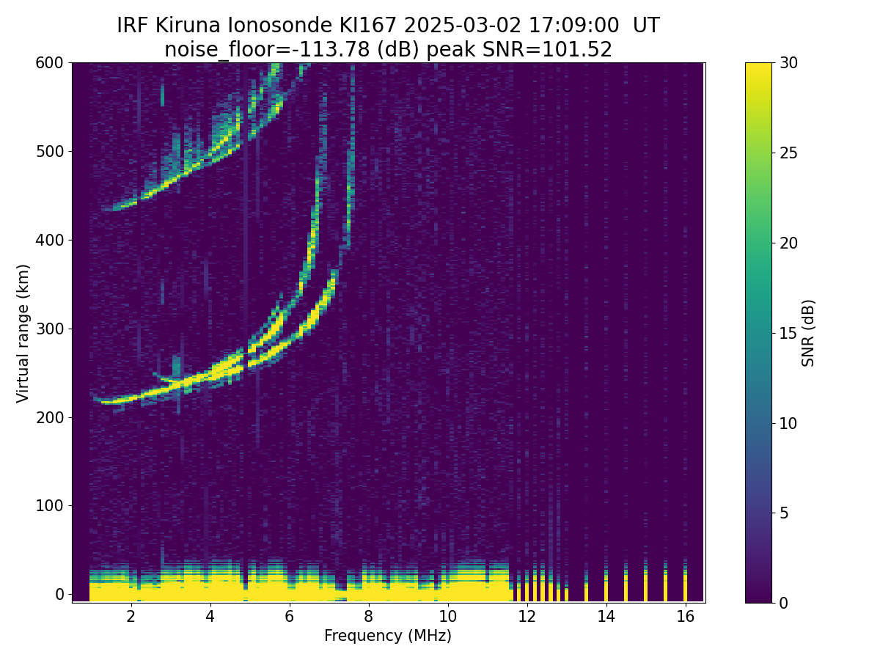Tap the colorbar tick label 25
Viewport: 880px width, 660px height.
point(790,153)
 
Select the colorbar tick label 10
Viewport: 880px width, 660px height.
point(790,423)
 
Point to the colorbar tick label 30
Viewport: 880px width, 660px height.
point(790,63)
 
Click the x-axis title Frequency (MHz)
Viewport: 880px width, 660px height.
point(388,636)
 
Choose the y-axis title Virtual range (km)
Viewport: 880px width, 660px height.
point(23,333)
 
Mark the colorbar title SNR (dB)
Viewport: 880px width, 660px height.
point(808,333)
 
